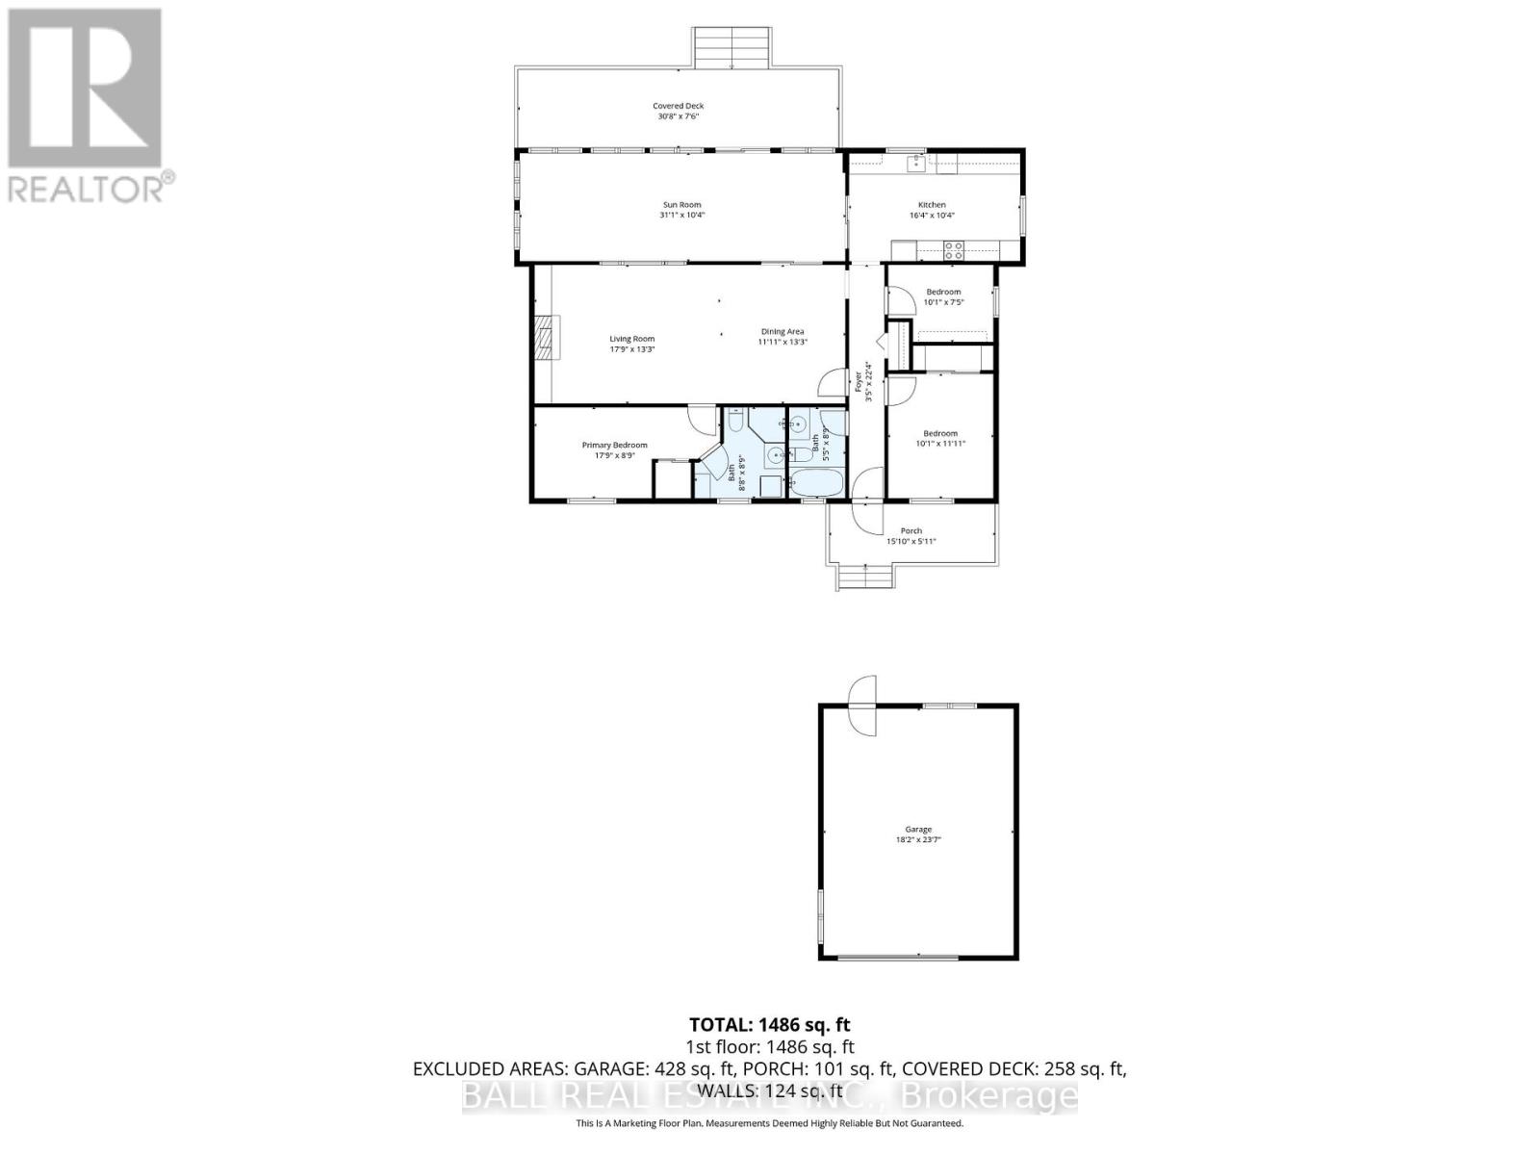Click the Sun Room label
(x=681, y=205)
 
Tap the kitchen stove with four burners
(x=954, y=250)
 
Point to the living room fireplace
(x=547, y=338)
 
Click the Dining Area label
(x=782, y=332)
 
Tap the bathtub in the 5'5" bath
(x=816, y=482)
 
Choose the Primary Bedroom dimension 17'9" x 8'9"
(x=614, y=455)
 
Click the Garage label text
(x=917, y=830)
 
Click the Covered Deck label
(x=679, y=106)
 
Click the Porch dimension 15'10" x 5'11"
(x=911, y=542)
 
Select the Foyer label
(x=858, y=382)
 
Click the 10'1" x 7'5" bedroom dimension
(x=943, y=302)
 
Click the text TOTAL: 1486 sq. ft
(x=770, y=1025)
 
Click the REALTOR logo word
(x=85, y=189)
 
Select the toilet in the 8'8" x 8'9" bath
(x=735, y=422)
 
